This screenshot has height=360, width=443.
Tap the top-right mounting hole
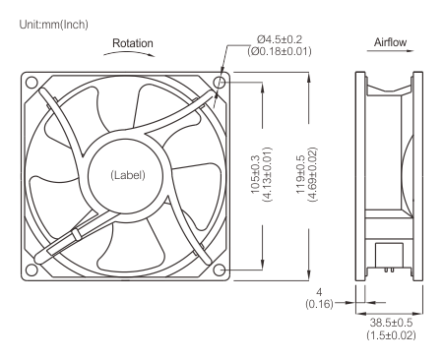218,82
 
